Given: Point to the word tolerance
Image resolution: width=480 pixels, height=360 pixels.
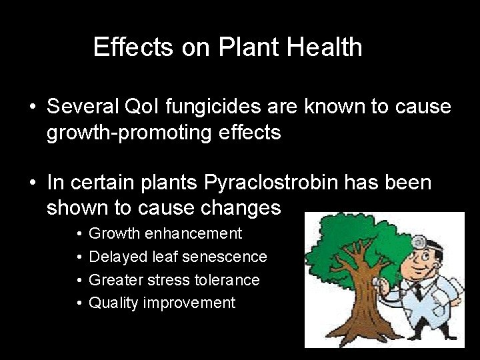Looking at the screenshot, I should point(227,280).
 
